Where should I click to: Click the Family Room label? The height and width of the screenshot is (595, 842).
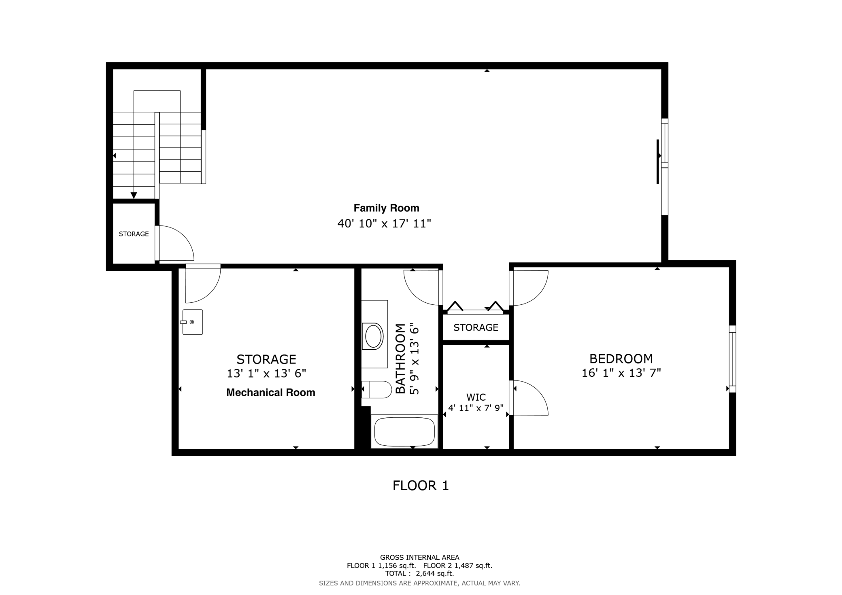pyautogui.click(x=386, y=208)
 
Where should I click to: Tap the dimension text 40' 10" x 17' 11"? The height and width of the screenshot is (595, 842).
pyautogui.click(x=384, y=223)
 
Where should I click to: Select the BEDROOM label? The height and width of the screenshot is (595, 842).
pyautogui.click(x=621, y=359)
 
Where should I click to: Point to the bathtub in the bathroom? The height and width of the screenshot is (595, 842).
pyautogui.click(x=404, y=432)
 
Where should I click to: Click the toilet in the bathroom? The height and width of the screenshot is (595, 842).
pyautogui.click(x=377, y=389)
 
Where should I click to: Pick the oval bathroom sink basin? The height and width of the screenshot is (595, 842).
pyautogui.click(x=373, y=336)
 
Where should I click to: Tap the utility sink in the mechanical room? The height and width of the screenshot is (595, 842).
pyautogui.click(x=192, y=322)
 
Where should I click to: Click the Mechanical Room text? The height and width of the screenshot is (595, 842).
pyautogui.click(x=270, y=392)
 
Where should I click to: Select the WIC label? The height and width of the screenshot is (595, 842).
pyautogui.click(x=476, y=397)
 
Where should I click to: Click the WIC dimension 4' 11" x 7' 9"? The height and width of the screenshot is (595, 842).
pyautogui.click(x=476, y=408)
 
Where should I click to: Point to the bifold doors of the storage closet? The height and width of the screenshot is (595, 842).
pyautogui.click(x=476, y=308)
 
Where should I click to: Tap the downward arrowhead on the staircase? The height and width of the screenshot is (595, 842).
pyautogui.click(x=134, y=195)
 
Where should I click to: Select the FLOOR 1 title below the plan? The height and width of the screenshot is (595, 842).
pyautogui.click(x=421, y=485)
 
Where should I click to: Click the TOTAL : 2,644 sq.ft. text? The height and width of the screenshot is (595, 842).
pyautogui.click(x=419, y=574)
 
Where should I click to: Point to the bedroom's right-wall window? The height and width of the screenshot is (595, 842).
pyautogui.click(x=732, y=359)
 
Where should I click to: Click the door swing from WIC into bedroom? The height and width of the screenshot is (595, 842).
pyautogui.click(x=529, y=399)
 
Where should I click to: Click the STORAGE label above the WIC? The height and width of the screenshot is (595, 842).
pyautogui.click(x=476, y=327)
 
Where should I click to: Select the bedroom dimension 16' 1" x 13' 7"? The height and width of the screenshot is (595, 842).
pyautogui.click(x=621, y=373)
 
